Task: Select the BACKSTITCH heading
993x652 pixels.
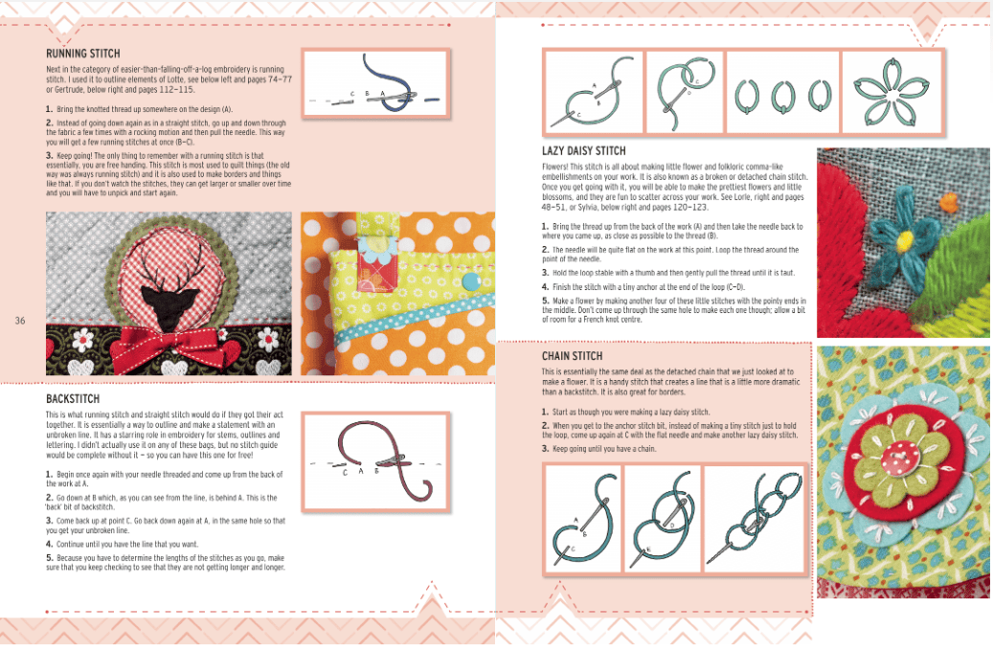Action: (x=74, y=397)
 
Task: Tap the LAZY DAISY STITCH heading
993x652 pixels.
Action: (x=583, y=150)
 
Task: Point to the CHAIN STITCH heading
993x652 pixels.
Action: (x=571, y=356)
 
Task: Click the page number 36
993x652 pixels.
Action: (x=20, y=321)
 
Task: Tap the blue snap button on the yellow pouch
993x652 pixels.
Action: (x=470, y=280)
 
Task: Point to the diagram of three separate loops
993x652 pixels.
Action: (x=781, y=93)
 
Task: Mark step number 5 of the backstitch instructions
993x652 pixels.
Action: (x=49, y=557)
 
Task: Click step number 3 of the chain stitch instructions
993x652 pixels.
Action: (x=544, y=448)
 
